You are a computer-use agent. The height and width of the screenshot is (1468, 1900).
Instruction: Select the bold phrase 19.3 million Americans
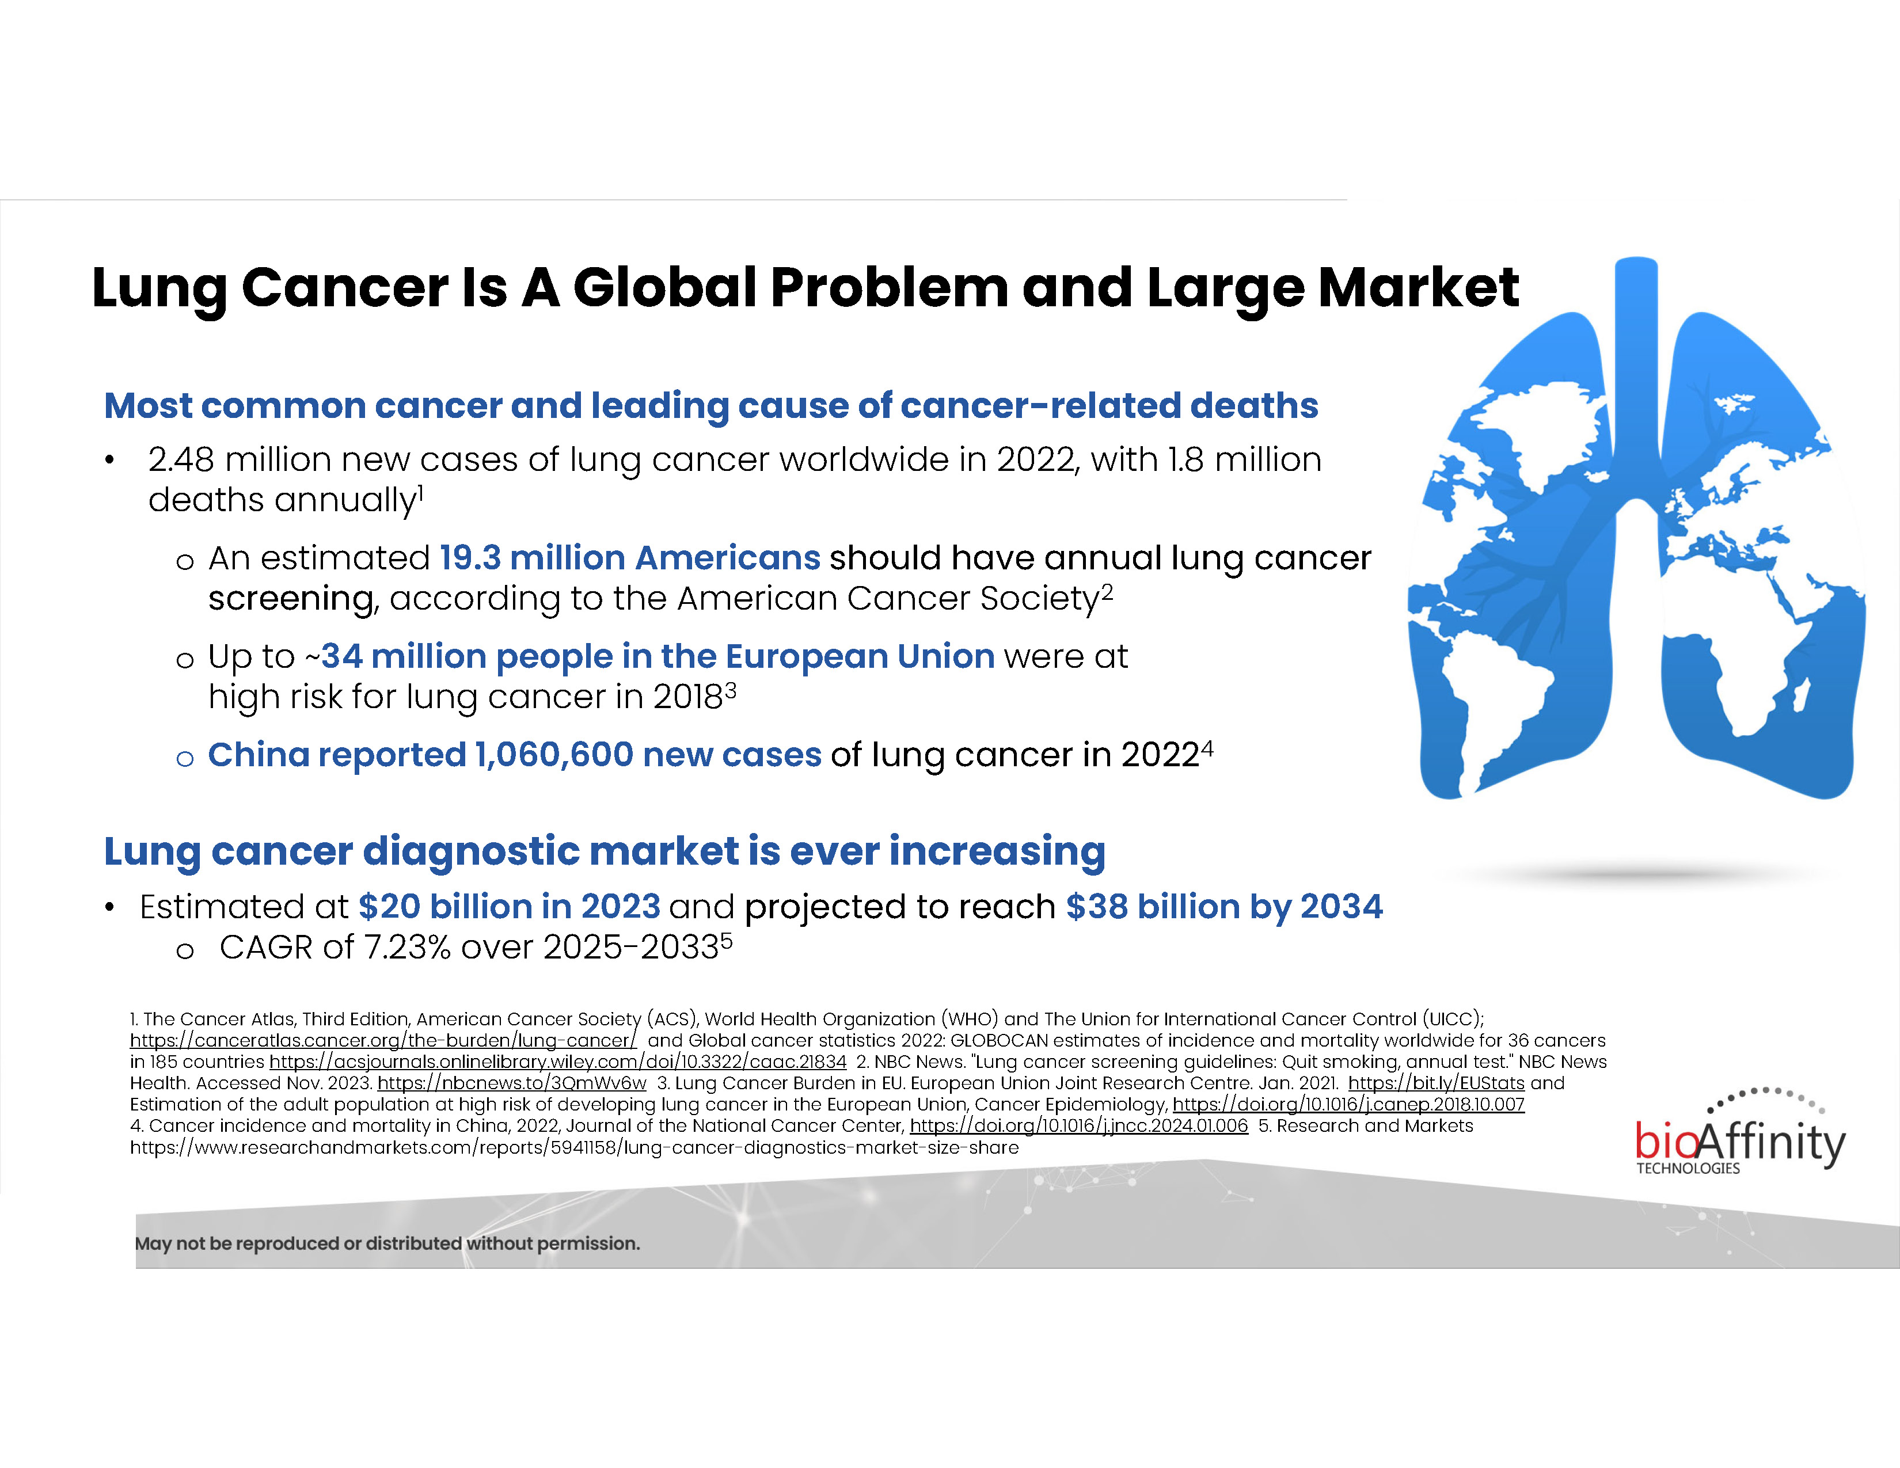tap(630, 557)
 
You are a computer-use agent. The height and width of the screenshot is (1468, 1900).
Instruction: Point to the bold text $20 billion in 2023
tap(510, 906)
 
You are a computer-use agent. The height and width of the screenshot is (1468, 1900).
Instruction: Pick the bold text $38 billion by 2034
tap(1224, 906)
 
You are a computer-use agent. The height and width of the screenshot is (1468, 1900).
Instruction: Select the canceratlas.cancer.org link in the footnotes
tap(383, 1040)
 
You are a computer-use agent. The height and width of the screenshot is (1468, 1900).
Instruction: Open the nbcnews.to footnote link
tap(511, 1083)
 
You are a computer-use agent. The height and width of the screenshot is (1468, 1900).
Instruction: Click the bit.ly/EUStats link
tap(1437, 1083)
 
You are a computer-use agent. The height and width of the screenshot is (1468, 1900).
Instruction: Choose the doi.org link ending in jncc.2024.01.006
tap(1079, 1125)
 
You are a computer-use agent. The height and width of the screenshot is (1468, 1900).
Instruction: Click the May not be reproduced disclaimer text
tap(387, 1243)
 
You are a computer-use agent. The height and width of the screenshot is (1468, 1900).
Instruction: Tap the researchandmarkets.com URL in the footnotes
tap(574, 1147)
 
